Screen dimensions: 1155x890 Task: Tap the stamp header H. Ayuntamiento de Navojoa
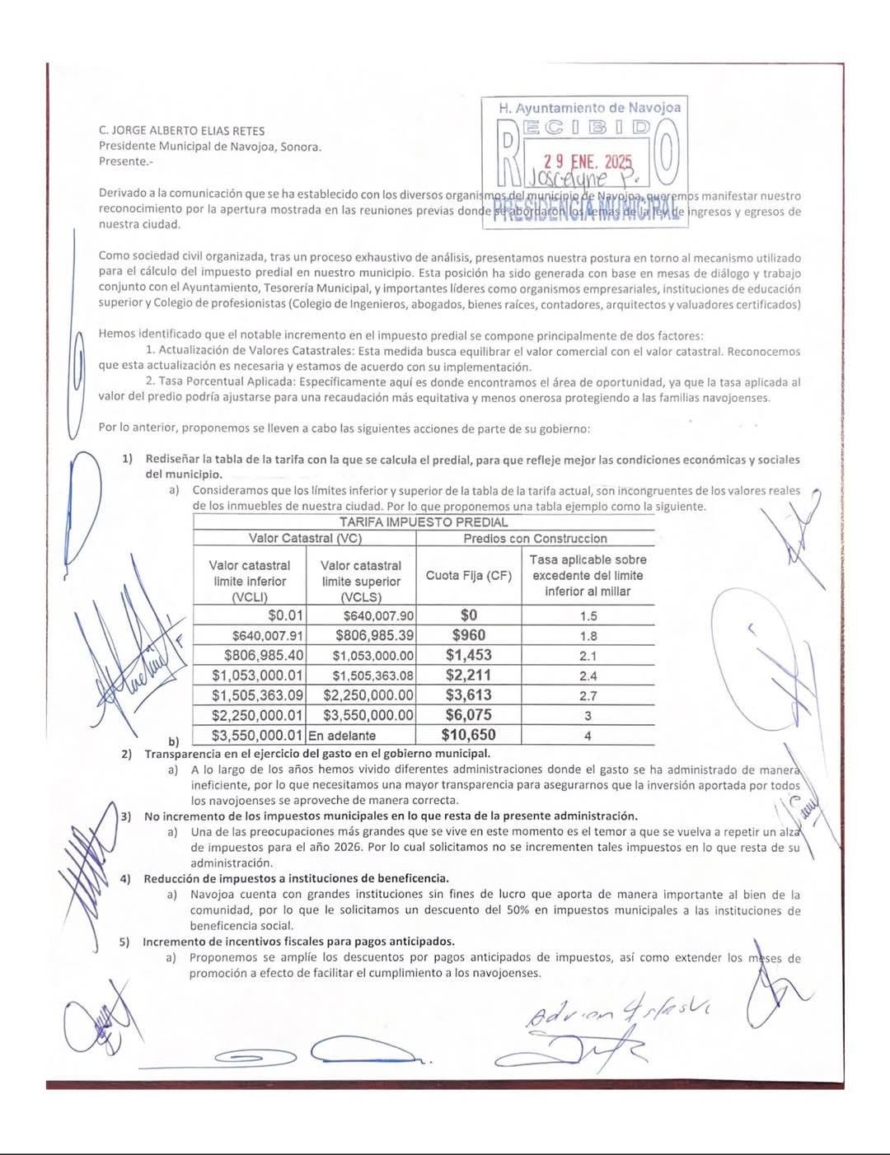click(590, 107)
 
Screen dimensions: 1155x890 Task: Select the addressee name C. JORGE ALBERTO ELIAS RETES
click(181, 130)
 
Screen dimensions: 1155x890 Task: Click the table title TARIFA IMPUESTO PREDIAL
click(424, 521)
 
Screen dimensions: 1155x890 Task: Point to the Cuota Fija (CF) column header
click(468, 575)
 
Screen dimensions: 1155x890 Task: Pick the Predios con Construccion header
click(535, 538)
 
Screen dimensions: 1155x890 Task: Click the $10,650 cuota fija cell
click(468, 735)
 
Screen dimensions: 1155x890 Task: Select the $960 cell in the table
click(468, 635)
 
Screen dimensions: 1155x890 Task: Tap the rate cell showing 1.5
click(588, 615)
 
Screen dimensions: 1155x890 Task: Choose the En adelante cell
click(342, 736)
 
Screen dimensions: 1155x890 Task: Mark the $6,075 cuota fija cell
click(468, 715)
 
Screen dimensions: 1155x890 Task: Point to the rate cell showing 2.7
click(588, 695)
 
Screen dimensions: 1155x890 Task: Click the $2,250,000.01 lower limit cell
click(257, 715)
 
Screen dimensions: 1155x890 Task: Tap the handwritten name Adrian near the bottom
click(553, 1014)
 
